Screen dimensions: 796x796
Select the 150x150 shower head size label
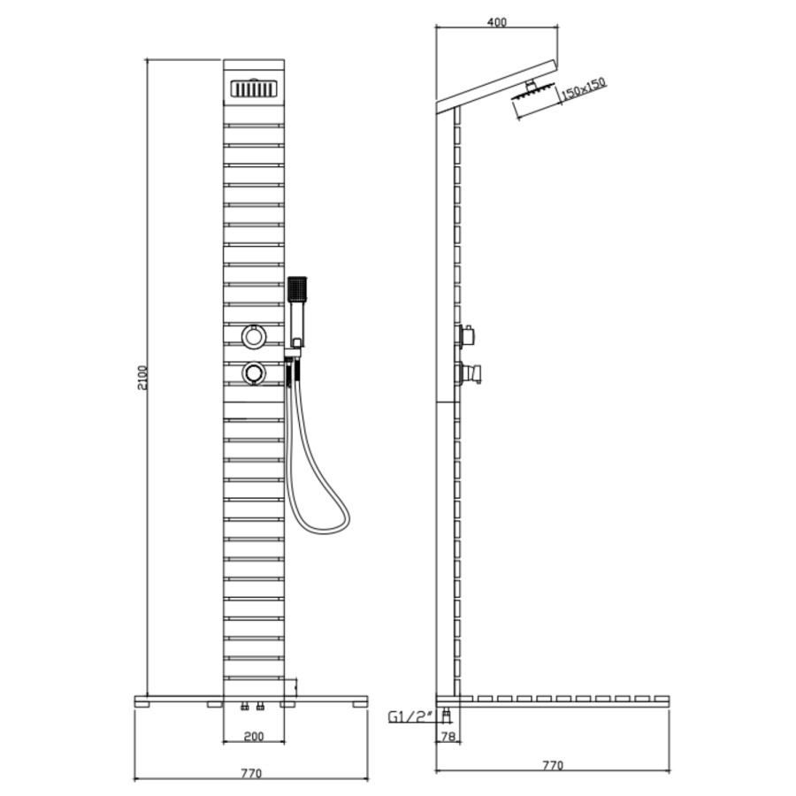(x=584, y=88)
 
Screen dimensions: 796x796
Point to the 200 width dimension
(x=253, y=735)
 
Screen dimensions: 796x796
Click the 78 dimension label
(x=450, y=735)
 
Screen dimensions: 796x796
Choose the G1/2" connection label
(x=409, y=717)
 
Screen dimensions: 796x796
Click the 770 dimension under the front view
(x=251, y=773)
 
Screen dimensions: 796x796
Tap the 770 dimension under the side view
(x=552, y=766)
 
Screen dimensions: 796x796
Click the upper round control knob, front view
(x=254, y=336)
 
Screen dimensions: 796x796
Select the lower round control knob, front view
(x=254, y=373)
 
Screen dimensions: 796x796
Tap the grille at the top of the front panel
(x=253, y=88)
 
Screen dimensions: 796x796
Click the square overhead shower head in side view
(x=535, y=102)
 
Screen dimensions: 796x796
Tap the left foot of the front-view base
(x=213, y=705)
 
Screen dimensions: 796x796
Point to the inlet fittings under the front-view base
(x=253, y=708)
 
